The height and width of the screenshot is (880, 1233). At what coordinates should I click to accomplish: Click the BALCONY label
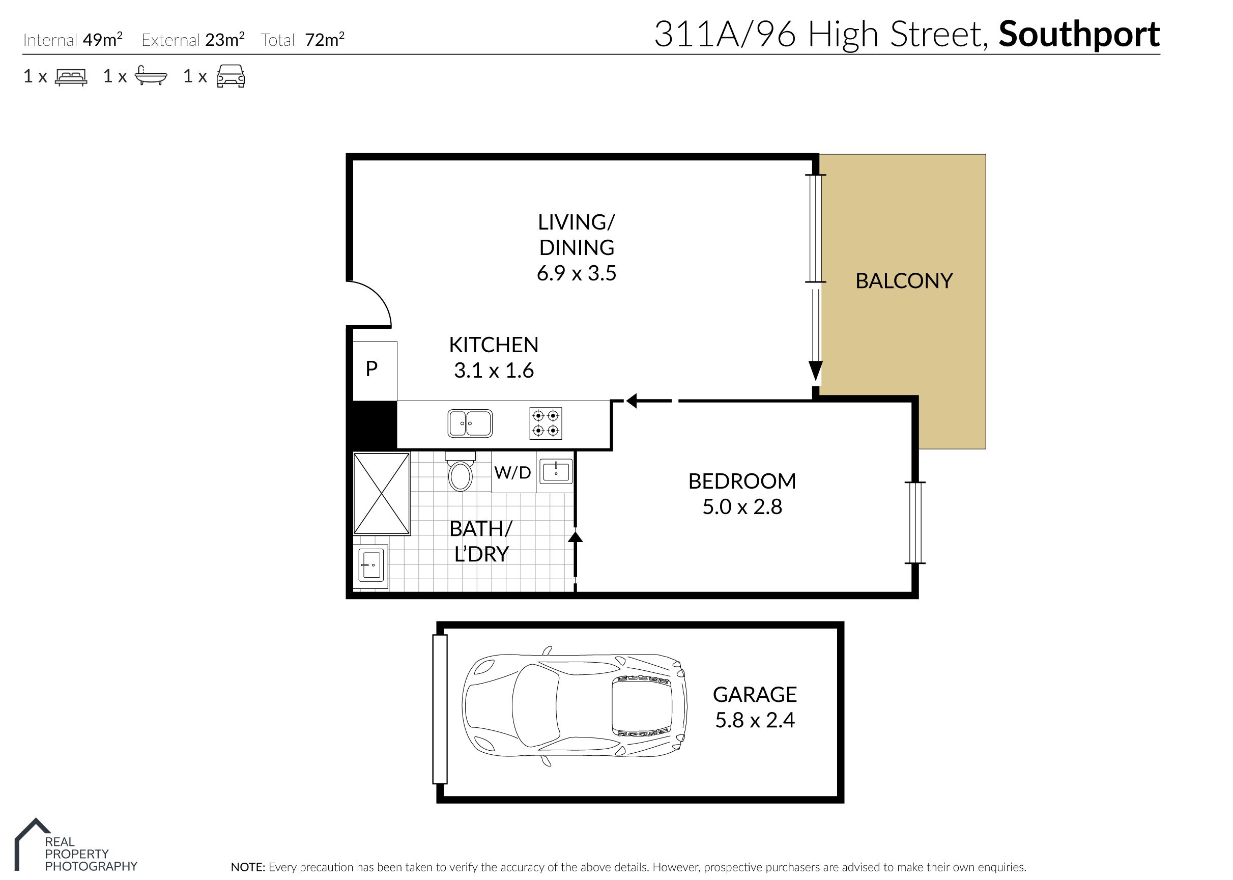pos(904,280)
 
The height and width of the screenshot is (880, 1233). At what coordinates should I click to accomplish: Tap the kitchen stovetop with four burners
pos(546,423)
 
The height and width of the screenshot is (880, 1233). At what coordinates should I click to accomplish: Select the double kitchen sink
pos(470,423)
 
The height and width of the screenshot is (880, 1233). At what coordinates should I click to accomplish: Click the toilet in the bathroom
pos(461,471)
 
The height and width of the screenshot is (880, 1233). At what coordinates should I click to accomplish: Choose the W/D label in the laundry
pos(512,472)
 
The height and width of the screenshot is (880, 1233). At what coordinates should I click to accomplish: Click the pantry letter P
pos(371,368)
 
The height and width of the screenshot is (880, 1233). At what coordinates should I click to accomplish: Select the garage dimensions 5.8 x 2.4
pos(755,720)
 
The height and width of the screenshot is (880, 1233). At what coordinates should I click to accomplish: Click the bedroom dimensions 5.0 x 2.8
pos(742,506)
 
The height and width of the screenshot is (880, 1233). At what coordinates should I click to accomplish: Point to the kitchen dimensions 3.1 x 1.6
pos(494,371)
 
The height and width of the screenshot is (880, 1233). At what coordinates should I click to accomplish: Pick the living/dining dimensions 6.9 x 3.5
pos(577,273)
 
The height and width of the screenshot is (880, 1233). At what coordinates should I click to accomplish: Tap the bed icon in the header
pos(71,76)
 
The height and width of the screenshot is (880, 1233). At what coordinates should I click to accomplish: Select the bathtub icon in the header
pos(151,76)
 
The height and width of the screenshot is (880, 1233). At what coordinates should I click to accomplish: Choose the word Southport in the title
pos(1079,36)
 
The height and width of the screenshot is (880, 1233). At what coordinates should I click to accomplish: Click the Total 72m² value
pos(325,40)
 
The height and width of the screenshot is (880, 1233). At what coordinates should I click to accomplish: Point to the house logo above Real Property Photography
pos(32,844)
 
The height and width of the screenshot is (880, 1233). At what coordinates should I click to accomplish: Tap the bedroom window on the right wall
pos(915,523)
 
